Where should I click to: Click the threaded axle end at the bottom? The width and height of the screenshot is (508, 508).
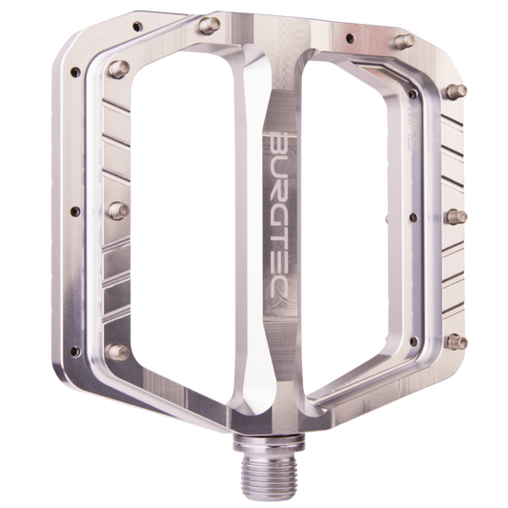point(271,474)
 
